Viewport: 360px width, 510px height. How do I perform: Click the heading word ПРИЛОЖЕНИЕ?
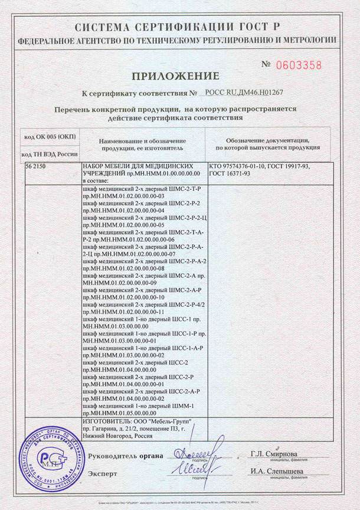coord(175,76)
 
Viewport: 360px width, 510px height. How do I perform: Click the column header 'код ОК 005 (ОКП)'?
coord(50,137)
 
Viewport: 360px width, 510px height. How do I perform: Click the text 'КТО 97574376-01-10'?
coord(237,167)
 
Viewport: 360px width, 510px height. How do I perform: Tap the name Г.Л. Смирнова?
coord(273,453)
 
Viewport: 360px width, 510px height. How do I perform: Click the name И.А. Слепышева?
coord(276,471)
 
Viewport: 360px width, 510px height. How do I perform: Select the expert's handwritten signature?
coord(192,470)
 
